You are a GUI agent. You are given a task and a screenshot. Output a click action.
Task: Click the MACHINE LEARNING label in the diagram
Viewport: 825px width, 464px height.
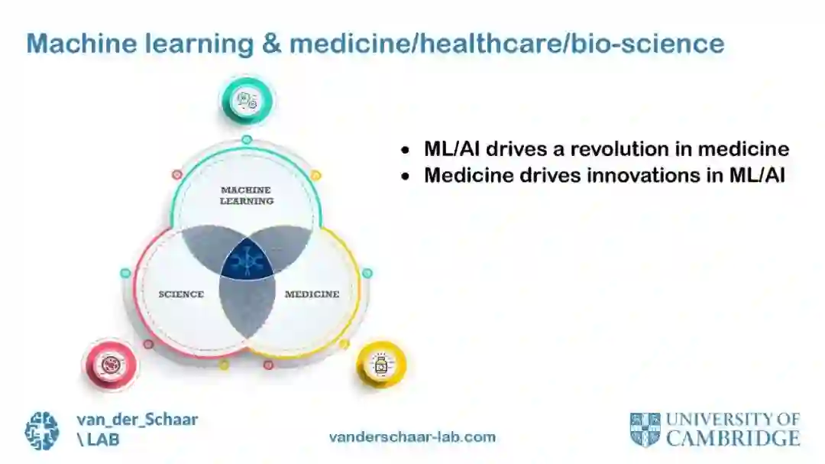pos(247,195)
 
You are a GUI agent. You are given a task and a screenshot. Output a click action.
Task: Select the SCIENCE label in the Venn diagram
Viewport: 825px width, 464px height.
pos(181,294)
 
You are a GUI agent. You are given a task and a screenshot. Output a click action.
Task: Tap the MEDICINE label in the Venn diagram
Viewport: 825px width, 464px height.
pos(312,294)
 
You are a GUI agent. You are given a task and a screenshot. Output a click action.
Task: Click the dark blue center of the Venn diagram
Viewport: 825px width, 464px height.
pos(247,259)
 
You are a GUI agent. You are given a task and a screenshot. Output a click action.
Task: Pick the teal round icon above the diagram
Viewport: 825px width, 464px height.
pos(247,100)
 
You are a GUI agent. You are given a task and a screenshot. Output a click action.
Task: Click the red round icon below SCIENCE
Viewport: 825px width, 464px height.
pos(110,364)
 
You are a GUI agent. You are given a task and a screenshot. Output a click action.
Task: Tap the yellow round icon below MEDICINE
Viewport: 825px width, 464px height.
pos(380,364)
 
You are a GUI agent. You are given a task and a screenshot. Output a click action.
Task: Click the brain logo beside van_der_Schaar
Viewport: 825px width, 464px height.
pos(42,430)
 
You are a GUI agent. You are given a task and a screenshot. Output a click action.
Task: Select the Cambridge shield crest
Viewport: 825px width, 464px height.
pos(645,429)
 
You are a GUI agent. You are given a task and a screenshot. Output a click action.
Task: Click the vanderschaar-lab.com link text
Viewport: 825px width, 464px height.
pos(412,437)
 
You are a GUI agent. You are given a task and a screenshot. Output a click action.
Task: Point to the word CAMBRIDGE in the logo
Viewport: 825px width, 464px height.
pos(733,439)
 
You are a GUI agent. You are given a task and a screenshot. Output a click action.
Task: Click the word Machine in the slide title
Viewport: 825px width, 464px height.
pos(75,44)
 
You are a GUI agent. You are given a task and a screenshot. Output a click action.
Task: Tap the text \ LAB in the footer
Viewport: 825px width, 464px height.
pos(98,440)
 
